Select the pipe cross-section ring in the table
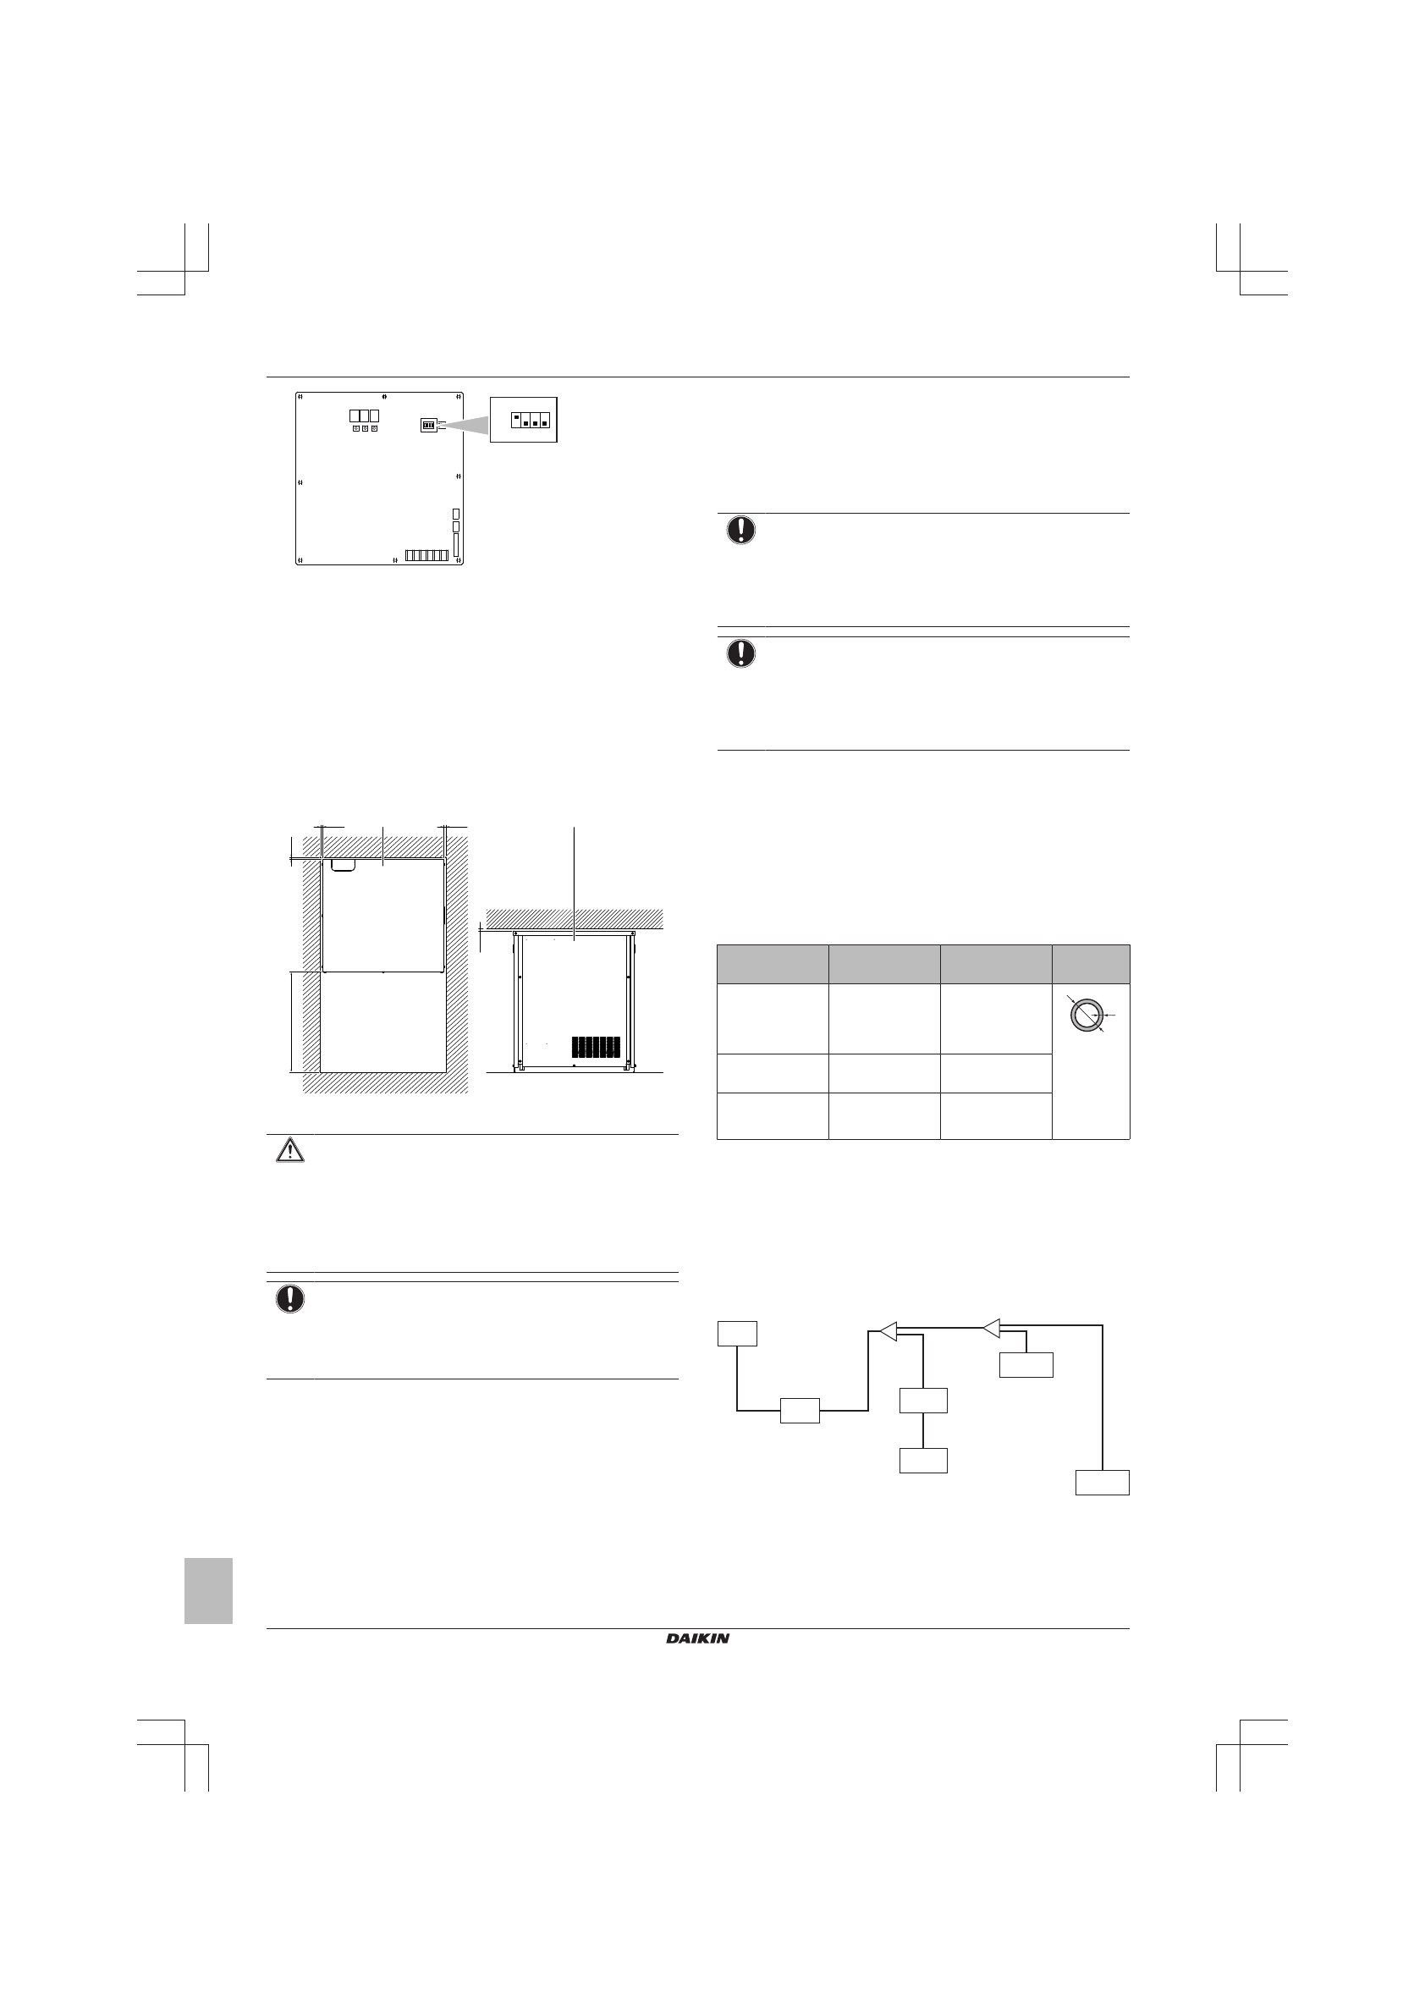pos(1087,1015)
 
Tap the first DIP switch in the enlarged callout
pos(517,418)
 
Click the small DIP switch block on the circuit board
pos(429,426)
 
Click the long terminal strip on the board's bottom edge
pos(427,555)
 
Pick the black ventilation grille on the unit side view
pos(595,1047)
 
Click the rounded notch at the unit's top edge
pos(342,866)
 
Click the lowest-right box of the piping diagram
pos(1102,1481)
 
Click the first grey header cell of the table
pos(773,965)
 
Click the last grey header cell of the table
pos(1091,965)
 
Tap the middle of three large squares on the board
pos(364,416)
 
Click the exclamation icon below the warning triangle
pos(289,1299)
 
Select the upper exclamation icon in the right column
pos(740,530)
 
